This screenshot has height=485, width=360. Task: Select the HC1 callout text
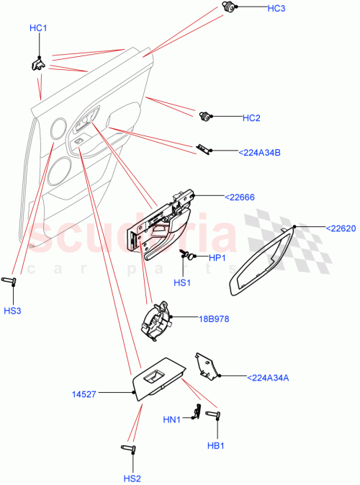pyautogui.click(x=38, y=28)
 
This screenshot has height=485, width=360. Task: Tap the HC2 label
pyautogui.click(x=251, y=117)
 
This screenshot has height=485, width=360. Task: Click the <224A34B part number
pyautogui.click(x=259, y=152)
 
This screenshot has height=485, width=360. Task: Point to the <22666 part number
pyautogui.click(x=240, y=197)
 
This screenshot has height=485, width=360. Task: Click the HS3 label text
pyautogui.click(x=12, y=311)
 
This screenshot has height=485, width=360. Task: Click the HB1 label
pyautogui.click(x=216, y=445)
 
